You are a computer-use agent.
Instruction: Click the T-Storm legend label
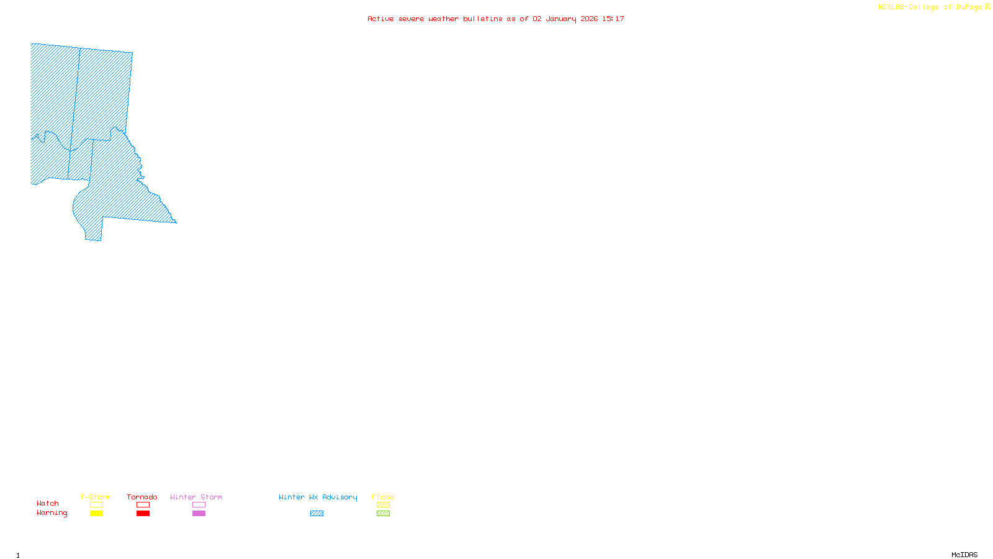coord(96,497)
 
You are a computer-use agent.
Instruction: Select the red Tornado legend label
coord(142,497)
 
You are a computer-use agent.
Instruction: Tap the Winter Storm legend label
coord(196,497)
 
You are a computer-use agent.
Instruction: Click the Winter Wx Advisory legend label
coord(318,497)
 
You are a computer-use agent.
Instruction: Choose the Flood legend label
coord(383,497)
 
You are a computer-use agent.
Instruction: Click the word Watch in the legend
coord(48,503)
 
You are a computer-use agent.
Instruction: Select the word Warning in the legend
coord(52,513)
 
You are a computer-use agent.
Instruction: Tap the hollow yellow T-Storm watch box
coord(96,505)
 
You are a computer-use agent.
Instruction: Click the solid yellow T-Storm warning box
coord(96,514)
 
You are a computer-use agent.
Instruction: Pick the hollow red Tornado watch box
coord(143,505)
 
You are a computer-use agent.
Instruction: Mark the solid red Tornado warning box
coord(143,514)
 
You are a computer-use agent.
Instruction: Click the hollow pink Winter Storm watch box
coord(199,505)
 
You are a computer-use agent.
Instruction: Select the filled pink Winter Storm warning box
coord(199,514)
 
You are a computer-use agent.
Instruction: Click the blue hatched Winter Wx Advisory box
coord(317,514)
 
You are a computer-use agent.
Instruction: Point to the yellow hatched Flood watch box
coord(383,505)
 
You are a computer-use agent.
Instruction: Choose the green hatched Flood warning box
coord(383,514)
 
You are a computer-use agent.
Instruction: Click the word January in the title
coord(560,19)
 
